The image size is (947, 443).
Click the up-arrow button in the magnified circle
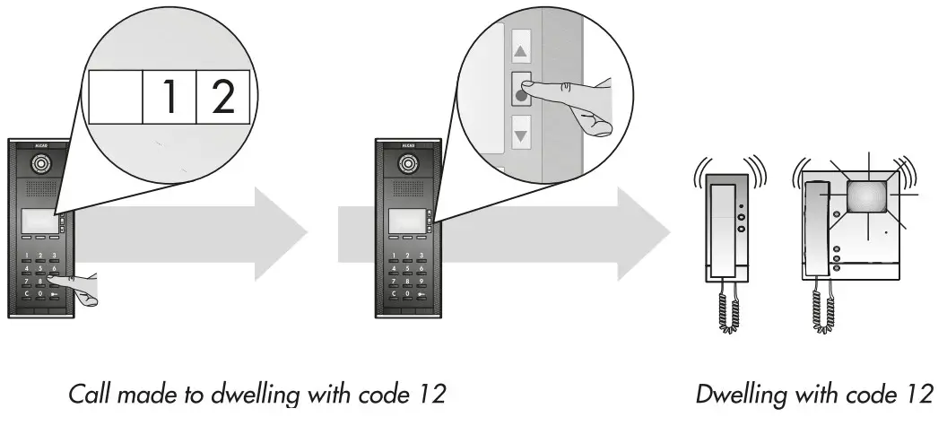click(518, 53)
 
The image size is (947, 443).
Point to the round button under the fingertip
click(519, 92)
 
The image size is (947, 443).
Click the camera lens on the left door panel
click(41, 165)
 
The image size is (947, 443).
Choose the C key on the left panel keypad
click(27, 293)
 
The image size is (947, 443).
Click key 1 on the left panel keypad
click(27, 256)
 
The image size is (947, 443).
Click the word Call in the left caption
click(91, 394)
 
